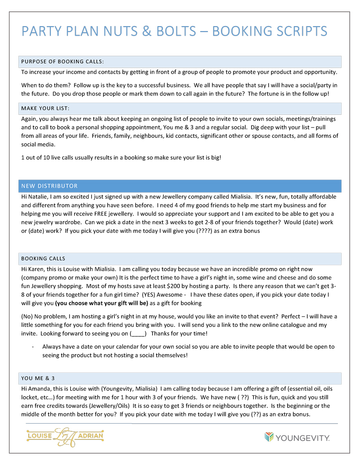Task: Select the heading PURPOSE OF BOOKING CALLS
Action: click(63, 62)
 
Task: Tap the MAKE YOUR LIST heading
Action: click(45, 109)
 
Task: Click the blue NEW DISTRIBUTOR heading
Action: click(49, 186)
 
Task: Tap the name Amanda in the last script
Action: click(40, 388)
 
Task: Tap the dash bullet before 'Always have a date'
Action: click(33, 347)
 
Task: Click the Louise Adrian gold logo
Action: click(65, 436)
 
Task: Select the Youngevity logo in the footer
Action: click(297, 437)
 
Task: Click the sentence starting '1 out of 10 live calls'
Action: click(121, 158)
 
